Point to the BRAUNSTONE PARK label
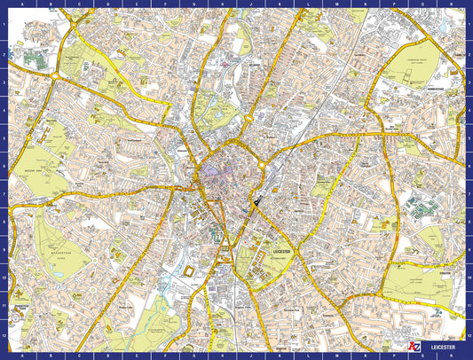pyautogui.click(x=59, y=253)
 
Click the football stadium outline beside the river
pyautogui.click(x=188, y=267)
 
